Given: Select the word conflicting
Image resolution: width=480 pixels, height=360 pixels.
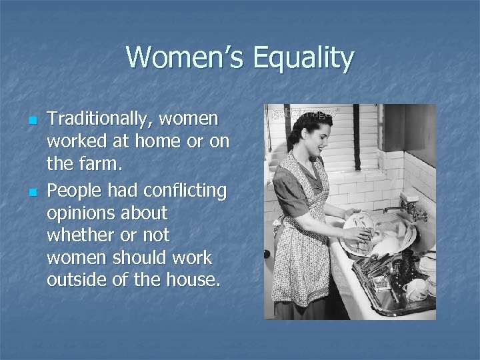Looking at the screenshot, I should pyautogui.click(x=184, y=191).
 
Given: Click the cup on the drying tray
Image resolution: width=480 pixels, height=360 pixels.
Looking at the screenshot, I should pyautogui.click(x=414, y=289).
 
